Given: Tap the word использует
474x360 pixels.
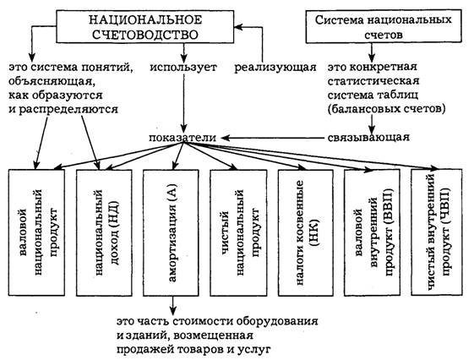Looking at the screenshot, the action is pos(183,67).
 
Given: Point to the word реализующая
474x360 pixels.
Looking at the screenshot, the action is pos(275,67).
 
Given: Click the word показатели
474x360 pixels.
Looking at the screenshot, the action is pos(183,138).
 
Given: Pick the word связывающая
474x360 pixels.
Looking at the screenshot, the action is pos(368,138).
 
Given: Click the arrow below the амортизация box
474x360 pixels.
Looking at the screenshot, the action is pos(172,305).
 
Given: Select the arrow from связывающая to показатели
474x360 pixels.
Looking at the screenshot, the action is pos(272,138).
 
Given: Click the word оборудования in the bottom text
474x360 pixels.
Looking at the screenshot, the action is pos(277,321).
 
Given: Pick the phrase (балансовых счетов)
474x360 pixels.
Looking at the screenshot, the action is pos(387,109).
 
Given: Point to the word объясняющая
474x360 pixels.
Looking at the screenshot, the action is pos(50,81).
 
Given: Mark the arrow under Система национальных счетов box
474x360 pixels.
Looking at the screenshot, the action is pos(372,52).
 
